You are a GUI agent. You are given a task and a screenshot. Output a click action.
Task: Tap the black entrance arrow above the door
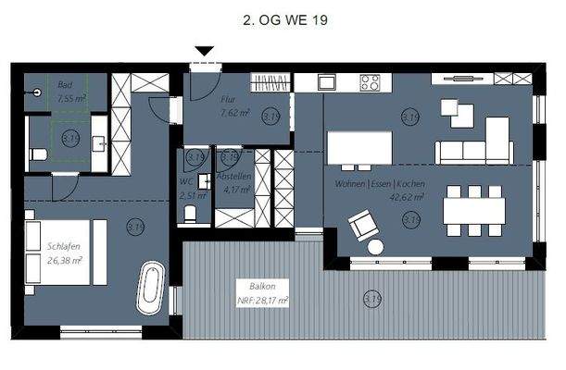[x=205, y=52]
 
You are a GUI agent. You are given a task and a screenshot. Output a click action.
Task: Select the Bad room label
[x=64, y=83]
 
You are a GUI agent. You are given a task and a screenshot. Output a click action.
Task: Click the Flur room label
[x=228, y=98]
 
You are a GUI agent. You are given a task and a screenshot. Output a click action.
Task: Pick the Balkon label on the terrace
[x=251, y=286]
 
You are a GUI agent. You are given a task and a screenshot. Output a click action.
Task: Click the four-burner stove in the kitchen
[x=371, y=83]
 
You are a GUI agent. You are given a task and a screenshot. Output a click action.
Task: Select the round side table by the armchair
[x=375, y=247]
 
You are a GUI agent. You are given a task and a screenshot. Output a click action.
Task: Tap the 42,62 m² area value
[x=409, y=196]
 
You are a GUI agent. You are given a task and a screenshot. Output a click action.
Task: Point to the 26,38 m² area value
[x=65, y=260]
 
